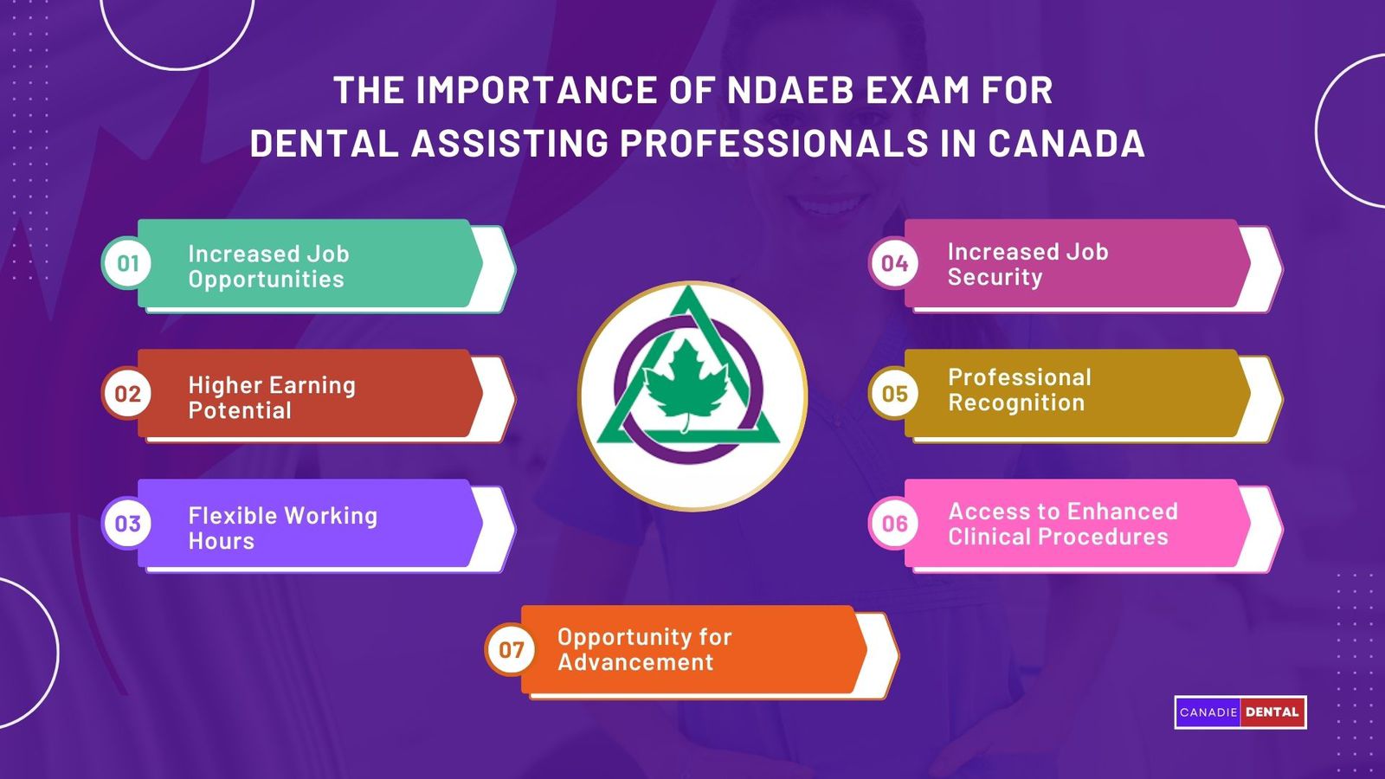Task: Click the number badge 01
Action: tap(127, 263)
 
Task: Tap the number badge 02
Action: tap(127, 394)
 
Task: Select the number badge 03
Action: tap(127, 524)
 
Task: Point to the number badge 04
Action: tap(894, 263)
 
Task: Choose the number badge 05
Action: tap(894, 394)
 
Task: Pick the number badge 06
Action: tap(894, 524)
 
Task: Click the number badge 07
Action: tap(511, 649)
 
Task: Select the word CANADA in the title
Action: tap(1066, 144)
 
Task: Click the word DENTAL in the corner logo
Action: tap(1272, 712)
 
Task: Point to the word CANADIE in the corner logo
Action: tap(1208, 712)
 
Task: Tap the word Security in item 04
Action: tap(995, 278)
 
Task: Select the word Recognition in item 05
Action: tap(1015, 403)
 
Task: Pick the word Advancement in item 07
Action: tap(635, 663)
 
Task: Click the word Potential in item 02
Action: tap(240, 411)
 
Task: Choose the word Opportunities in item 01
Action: tap(266, 280)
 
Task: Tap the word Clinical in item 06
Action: tap(988, 538)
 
